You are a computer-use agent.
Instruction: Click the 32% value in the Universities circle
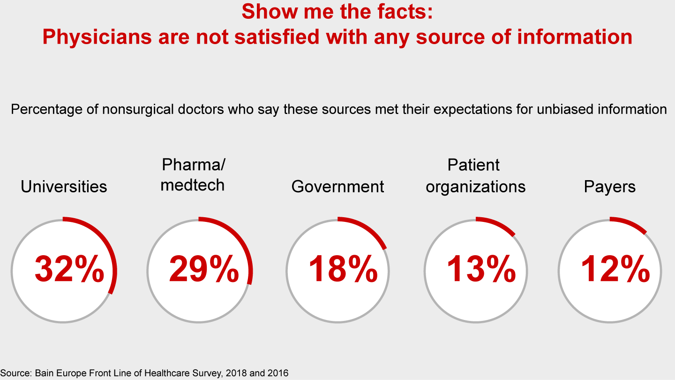69,270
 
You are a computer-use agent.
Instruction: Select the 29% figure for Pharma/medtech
204,270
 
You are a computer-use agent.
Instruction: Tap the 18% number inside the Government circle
343,270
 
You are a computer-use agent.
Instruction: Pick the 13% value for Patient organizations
481,270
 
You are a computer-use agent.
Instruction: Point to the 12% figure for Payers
615,270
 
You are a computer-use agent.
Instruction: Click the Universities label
64,187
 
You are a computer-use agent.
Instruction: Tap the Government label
337,187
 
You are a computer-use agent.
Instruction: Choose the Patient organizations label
475,176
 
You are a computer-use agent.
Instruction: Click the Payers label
610,187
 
